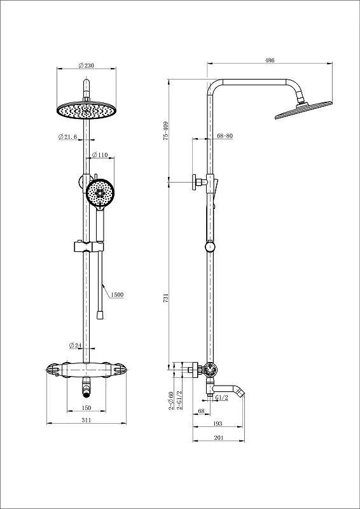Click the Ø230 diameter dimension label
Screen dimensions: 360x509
86,66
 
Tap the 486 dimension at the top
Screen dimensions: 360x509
270,60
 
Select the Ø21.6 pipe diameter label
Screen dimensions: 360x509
68,137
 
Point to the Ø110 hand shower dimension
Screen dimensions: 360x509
100,155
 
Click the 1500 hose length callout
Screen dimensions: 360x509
117,295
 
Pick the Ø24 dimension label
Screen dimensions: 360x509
75,345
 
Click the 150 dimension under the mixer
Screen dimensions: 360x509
87,408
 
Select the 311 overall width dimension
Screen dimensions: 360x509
86,420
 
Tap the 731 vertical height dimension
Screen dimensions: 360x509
166,298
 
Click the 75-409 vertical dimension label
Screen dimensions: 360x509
166,130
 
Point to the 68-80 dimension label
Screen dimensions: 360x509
225,136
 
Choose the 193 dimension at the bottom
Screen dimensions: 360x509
218,423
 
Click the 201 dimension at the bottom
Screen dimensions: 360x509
218,438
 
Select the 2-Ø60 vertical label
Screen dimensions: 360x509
170,400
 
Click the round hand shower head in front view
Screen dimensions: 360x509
100,193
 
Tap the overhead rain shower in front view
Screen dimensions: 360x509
87,110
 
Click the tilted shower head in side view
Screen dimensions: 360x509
304,110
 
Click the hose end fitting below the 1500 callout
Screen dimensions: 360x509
100,314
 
